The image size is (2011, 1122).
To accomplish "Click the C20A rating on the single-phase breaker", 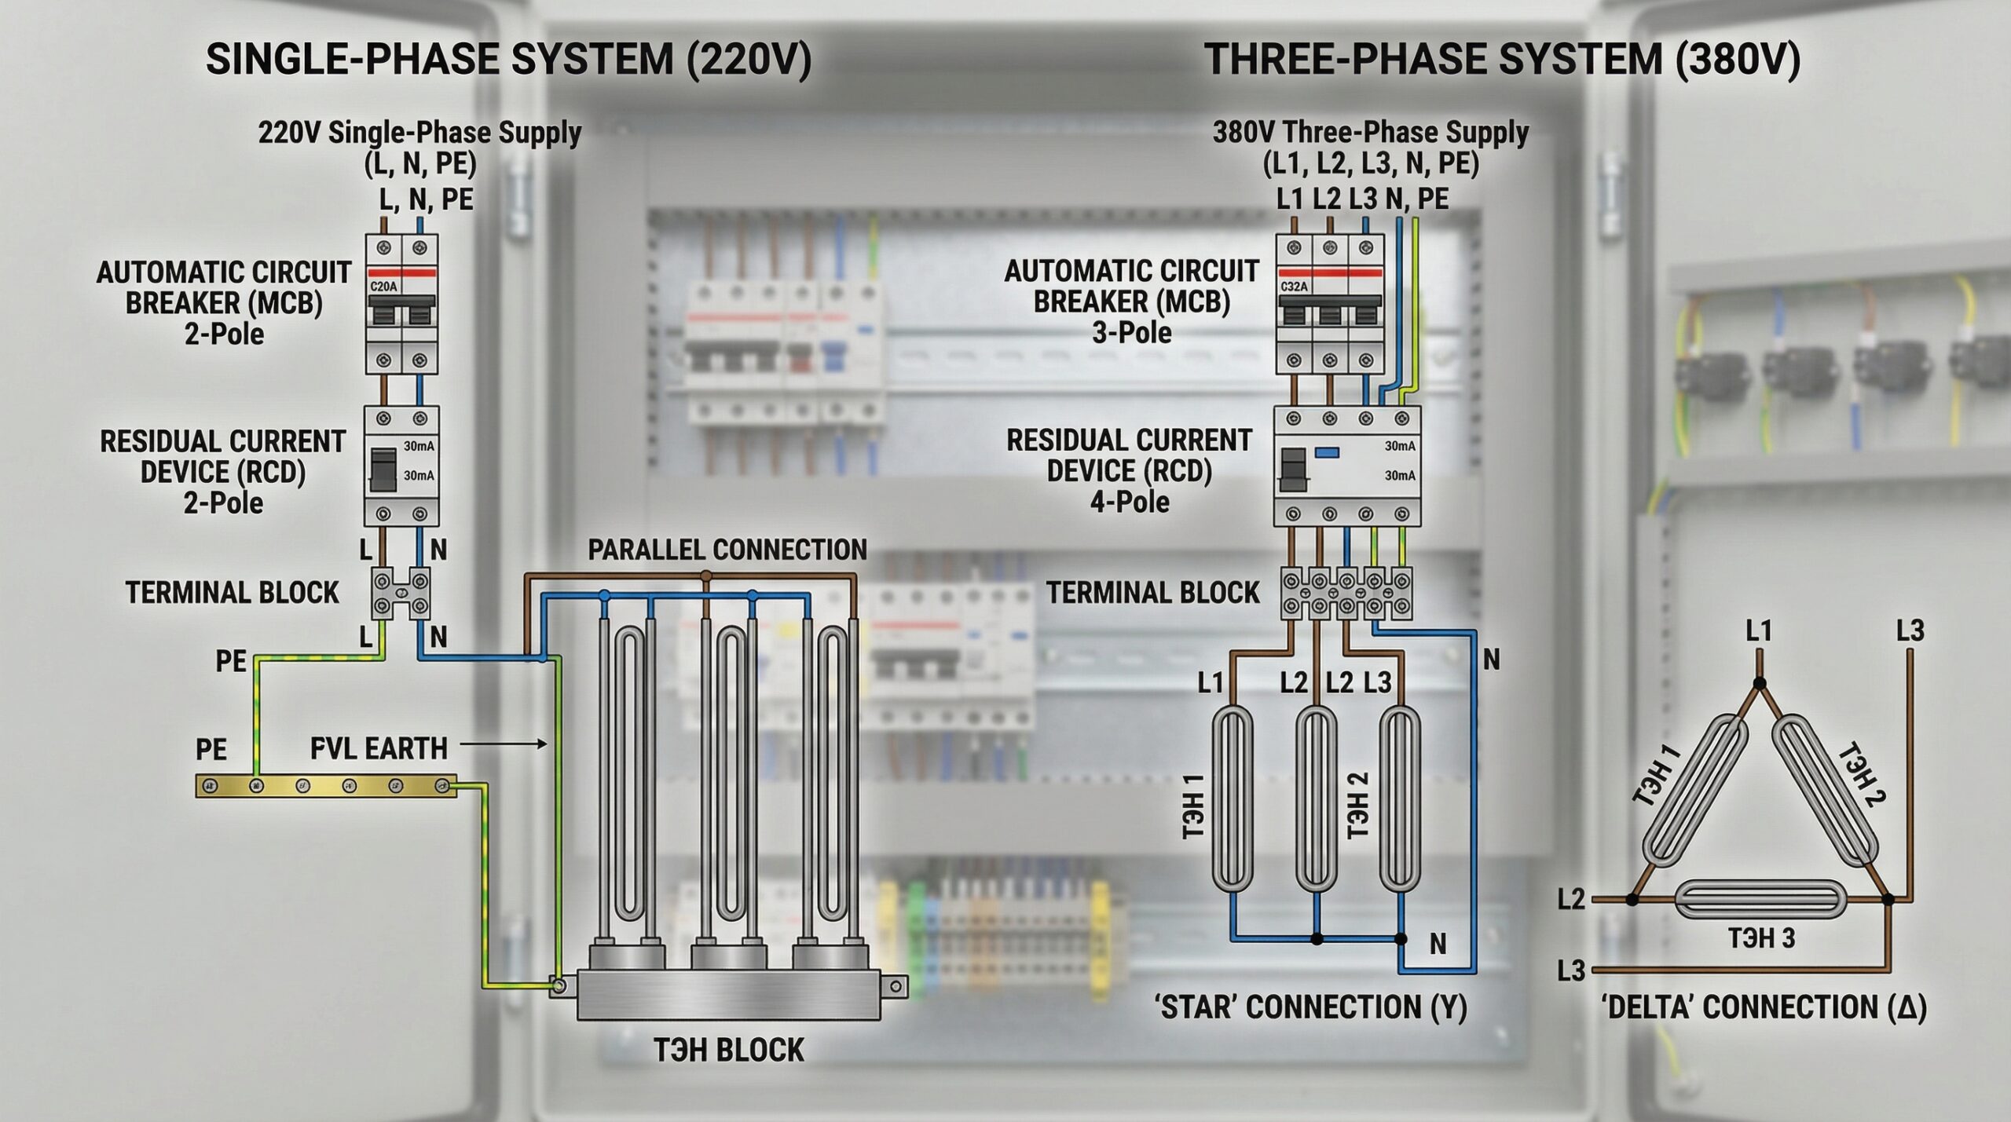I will (383, 287).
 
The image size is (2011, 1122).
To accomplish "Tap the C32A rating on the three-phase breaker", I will (1294, 287).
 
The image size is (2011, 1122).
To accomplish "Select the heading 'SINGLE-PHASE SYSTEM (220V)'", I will (508, 60).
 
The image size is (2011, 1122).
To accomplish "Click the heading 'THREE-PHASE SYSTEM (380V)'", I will (1502, 60).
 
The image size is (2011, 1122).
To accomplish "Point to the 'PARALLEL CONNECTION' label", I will (727, 550).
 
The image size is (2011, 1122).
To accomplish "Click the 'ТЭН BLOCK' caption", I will (729, 1050).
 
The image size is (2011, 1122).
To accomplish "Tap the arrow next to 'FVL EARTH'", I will (504, 744).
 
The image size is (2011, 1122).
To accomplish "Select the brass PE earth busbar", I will (326, 785).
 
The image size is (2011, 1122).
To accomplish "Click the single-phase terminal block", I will (401, 593).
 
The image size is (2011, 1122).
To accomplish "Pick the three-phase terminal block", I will (1346, 593).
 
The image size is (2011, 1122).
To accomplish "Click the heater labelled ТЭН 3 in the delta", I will (1759, 900).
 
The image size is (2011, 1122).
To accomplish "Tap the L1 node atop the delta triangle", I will (1759, 683).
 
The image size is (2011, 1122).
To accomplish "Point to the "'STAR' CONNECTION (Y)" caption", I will (1310, 1007).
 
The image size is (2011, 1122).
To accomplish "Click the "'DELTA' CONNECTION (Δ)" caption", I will (1764, 1007).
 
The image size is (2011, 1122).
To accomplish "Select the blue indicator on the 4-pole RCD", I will (1327, 451).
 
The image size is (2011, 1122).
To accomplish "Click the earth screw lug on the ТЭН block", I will (559, 986).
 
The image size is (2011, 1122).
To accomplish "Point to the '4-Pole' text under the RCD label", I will (1130, 502).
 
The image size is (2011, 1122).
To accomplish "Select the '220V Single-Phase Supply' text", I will (419, 133).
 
